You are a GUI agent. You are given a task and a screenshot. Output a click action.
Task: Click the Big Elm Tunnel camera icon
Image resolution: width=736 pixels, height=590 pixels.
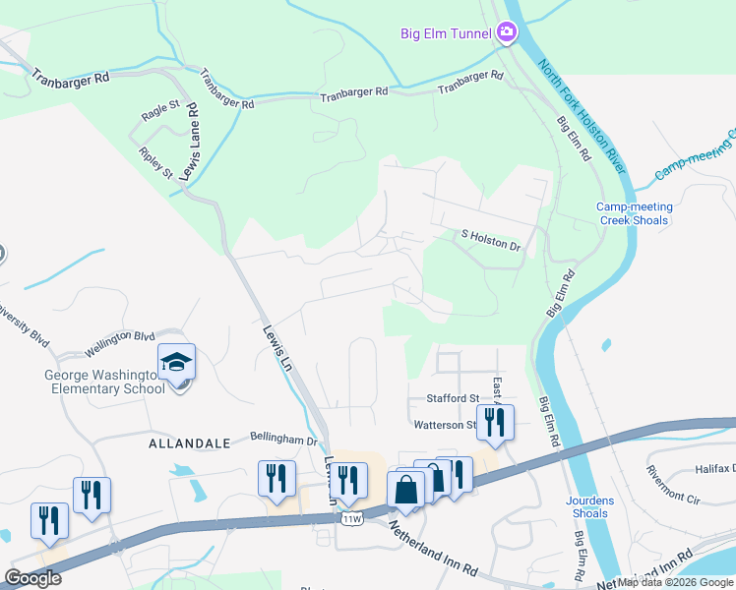tap(507, 33)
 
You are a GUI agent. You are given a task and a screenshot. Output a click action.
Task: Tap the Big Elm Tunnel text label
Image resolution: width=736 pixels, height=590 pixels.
tap(446, 33)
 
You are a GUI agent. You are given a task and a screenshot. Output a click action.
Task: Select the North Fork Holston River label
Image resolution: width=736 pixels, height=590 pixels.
tap(583, 117)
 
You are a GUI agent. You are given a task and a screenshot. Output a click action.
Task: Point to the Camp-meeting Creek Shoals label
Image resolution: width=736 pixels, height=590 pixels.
tap(635, 213)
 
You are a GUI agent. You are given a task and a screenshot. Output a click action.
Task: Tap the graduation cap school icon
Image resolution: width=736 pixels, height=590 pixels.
tap(177, 364)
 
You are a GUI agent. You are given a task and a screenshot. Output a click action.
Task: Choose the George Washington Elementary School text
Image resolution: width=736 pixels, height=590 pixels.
tap(103, 382)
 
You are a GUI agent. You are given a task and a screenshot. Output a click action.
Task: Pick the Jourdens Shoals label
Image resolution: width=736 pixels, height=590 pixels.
tap(590, 506)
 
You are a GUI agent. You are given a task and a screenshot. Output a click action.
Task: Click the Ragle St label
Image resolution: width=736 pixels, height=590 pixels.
tap(160, 110)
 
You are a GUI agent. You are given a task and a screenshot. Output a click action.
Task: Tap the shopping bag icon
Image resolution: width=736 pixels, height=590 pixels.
tap(406, 488)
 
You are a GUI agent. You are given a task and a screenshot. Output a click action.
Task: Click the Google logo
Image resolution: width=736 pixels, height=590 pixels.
tap(32, 578)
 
